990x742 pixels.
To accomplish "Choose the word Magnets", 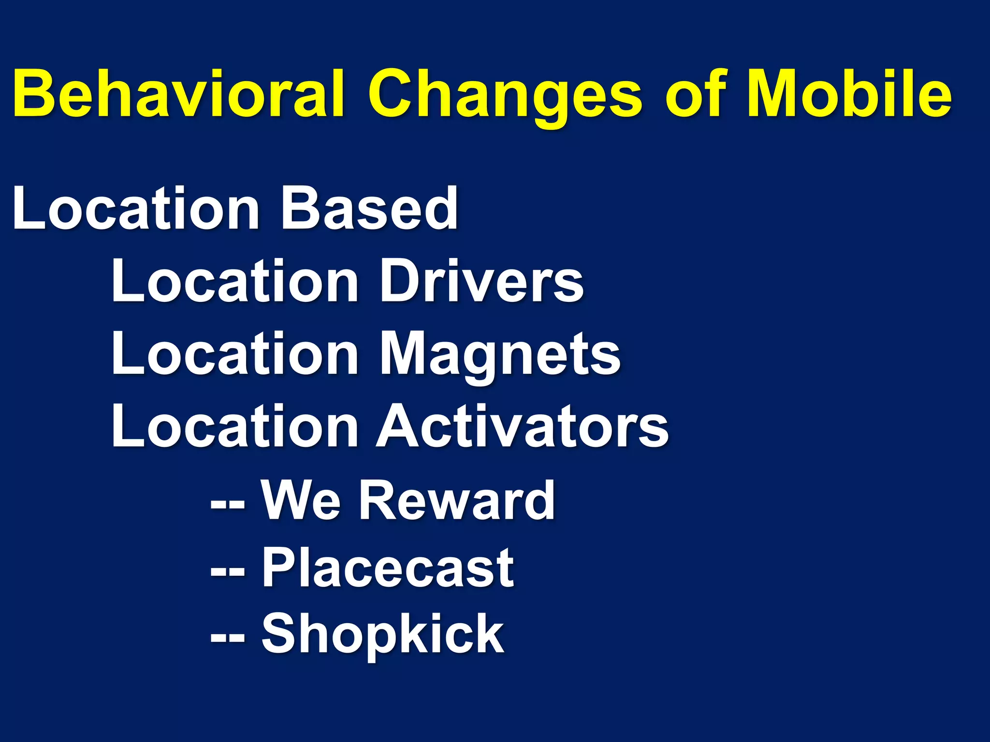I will pos(500,355).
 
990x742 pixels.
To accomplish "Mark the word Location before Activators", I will pos(235,427).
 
